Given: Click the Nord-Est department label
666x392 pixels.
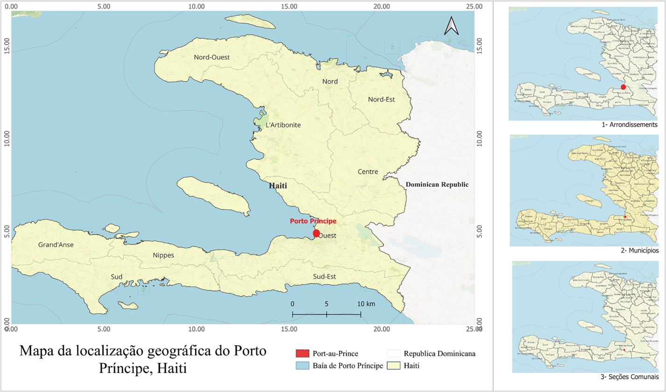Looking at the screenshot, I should click(382, 99).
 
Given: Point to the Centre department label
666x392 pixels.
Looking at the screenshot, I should click(368, 172).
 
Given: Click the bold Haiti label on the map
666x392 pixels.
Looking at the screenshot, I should click(278, 186).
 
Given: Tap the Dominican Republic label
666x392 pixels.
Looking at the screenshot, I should click(437, 184).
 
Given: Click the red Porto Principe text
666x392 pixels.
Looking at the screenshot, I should click(313, 221).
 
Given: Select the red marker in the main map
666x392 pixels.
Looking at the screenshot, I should click(316, 233).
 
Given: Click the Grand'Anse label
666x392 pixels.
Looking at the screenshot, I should click(56, 245).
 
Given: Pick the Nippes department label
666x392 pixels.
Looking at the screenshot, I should click(163, 255).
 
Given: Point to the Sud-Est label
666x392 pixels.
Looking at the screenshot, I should click(325, 276).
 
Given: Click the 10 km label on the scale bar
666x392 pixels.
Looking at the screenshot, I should click(367, 304).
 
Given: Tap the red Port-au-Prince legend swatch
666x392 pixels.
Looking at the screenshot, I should click(303, 354).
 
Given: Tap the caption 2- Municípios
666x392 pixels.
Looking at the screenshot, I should click(633, 251).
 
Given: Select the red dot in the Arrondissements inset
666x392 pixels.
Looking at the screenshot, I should click(623, 87).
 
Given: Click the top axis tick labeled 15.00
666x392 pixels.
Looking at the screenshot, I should click(289, 7).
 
